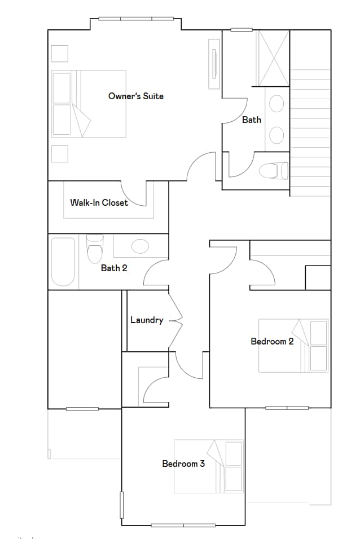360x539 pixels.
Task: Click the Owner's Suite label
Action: tap(136, 96)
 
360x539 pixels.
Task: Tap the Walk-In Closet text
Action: tap(99, 203)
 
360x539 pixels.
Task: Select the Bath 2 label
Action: tap(114, 268)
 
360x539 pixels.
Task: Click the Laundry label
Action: tap(147, 320)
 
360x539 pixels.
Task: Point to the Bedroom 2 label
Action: tap(272, 342)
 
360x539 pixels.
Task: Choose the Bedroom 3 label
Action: tap(183, 464)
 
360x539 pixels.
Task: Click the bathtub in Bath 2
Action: tap(63, 262)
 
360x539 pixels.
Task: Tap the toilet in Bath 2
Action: tap(95, 249)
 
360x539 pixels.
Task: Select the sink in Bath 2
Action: tap(139, 246)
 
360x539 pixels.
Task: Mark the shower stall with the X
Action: tap(274, 58)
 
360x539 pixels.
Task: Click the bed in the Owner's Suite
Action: tap(89, 104)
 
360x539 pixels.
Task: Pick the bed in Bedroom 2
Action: tap(293, 346)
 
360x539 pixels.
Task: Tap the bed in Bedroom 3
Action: tap(209, 466)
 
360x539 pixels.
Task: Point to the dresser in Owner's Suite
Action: tap(214, 63)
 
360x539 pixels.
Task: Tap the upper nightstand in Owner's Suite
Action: tap(60, 53)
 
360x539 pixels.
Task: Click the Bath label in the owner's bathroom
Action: tap(252, 120)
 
